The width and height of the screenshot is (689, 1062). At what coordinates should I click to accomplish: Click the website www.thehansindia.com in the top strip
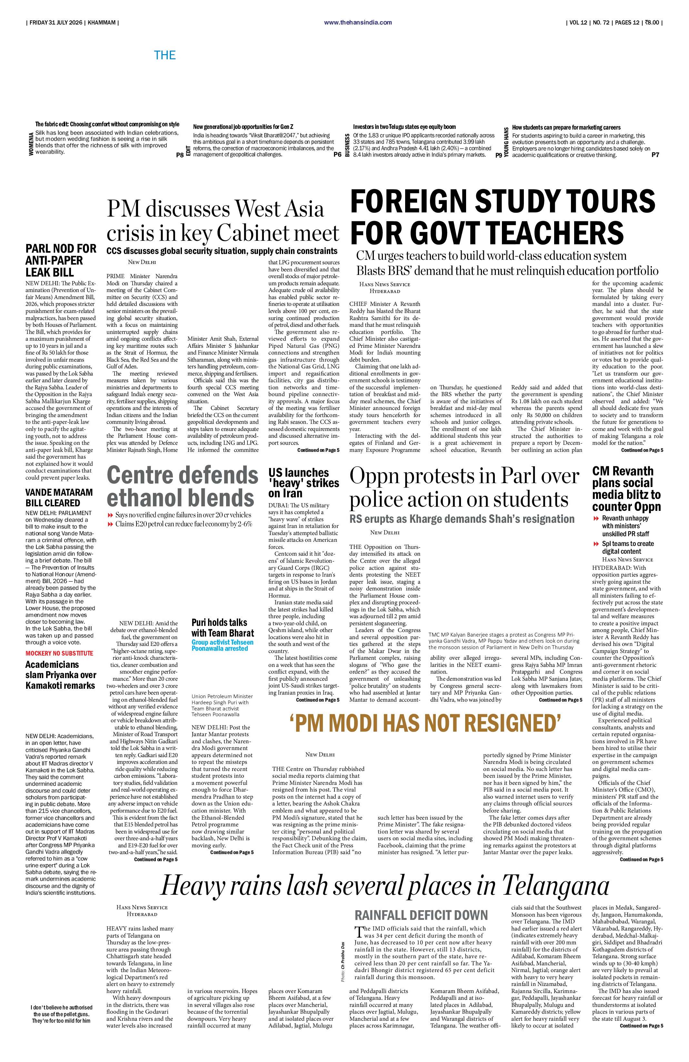(x=358, y=22)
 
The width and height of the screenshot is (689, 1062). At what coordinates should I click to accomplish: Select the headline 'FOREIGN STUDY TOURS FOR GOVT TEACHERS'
(x=502, y=216)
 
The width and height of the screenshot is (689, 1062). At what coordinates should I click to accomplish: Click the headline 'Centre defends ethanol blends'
(x=182, y=486)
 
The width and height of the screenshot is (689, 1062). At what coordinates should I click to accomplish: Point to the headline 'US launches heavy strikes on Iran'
(x=304, y=483)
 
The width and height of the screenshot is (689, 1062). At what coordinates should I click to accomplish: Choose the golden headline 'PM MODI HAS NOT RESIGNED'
(x=424, y=723)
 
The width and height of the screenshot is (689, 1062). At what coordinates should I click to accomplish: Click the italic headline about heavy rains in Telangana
(x=384, y=886)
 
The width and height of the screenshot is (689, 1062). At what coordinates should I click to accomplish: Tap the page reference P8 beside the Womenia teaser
(x=180, y=155)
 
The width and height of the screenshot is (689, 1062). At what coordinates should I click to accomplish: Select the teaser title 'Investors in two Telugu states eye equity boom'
(x=404, y=127)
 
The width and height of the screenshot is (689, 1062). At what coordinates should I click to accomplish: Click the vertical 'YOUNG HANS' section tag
(x=506, y=142)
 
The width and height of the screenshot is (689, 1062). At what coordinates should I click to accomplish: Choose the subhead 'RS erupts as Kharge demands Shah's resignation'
(x=462, y=519)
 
